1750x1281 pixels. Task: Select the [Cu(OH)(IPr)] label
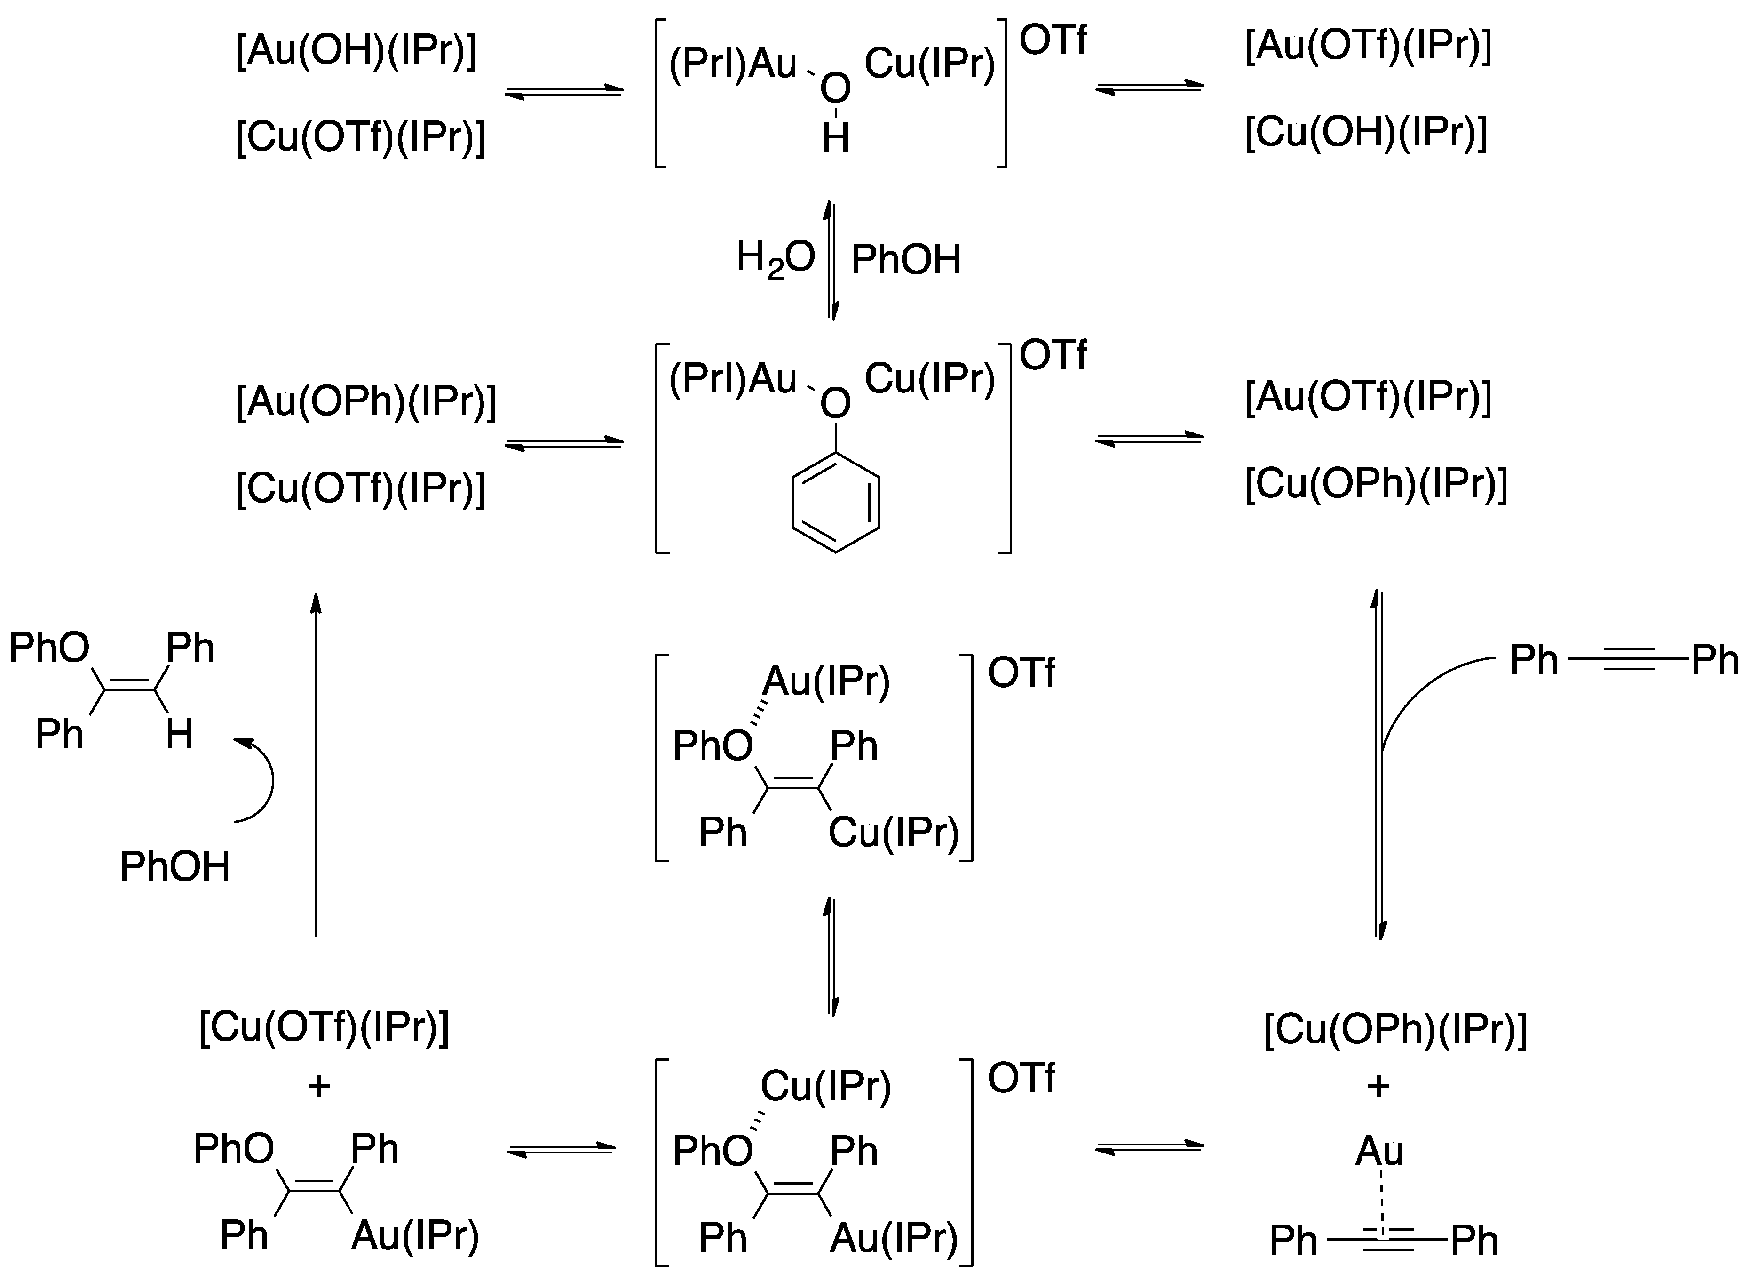[x=1366, y=133]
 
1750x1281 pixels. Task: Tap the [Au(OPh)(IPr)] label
[x=366, y=402]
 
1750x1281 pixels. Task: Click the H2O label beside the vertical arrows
[x=775, y=258]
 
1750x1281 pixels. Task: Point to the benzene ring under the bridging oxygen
[x=835, y=503]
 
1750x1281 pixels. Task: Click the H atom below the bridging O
[x=835, y=140]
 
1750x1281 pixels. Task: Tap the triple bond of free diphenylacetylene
[x=1628, y=660]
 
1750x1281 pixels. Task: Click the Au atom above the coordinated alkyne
[x=1379, y=1151]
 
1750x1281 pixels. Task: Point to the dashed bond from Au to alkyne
[x=1380, y=1202]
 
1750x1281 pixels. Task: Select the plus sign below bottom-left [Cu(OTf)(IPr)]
[x=318, y=1086]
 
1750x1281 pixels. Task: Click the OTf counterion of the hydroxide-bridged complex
[x=1053, y=40]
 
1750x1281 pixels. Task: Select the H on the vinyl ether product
[x=179, y=734]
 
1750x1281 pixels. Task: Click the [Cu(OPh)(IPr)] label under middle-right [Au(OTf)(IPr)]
[x=1376, y=484]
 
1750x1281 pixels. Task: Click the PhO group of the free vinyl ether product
[x=49, y=648]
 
